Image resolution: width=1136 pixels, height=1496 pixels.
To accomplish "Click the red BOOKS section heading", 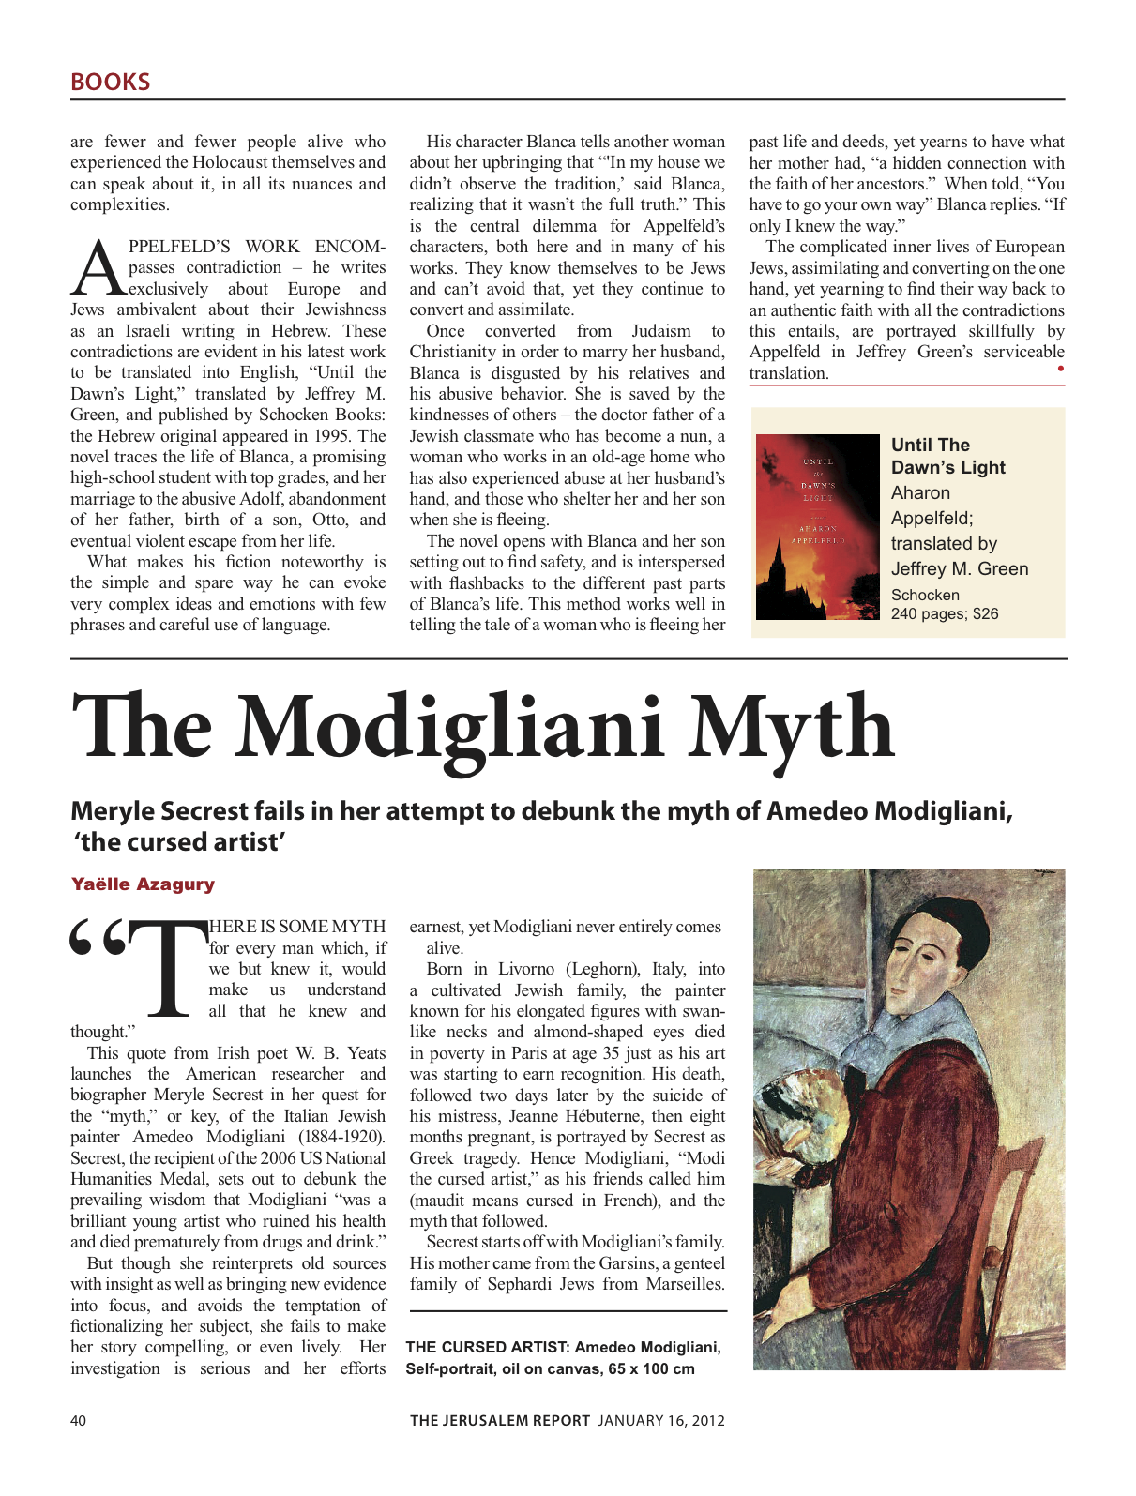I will coord(110,82).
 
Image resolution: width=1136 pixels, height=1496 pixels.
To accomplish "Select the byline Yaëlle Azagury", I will coord(143,884).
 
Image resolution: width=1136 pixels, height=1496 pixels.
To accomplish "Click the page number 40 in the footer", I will coord(78,1420).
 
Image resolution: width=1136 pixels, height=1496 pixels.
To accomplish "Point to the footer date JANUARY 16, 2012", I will coord(661,1420).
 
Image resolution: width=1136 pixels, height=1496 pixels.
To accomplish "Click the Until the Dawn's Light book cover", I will coord(817,526).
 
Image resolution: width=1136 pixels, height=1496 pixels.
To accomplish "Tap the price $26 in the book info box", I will coord(985,613).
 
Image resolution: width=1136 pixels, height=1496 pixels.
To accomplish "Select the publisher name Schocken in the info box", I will coord(925,595).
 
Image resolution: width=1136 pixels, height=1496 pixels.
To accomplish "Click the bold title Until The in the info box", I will coord(930,445).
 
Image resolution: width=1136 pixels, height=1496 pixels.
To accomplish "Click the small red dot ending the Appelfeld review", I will coord(1060,369).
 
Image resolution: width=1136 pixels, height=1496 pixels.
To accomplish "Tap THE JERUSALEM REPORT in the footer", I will coord(499,1420).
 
